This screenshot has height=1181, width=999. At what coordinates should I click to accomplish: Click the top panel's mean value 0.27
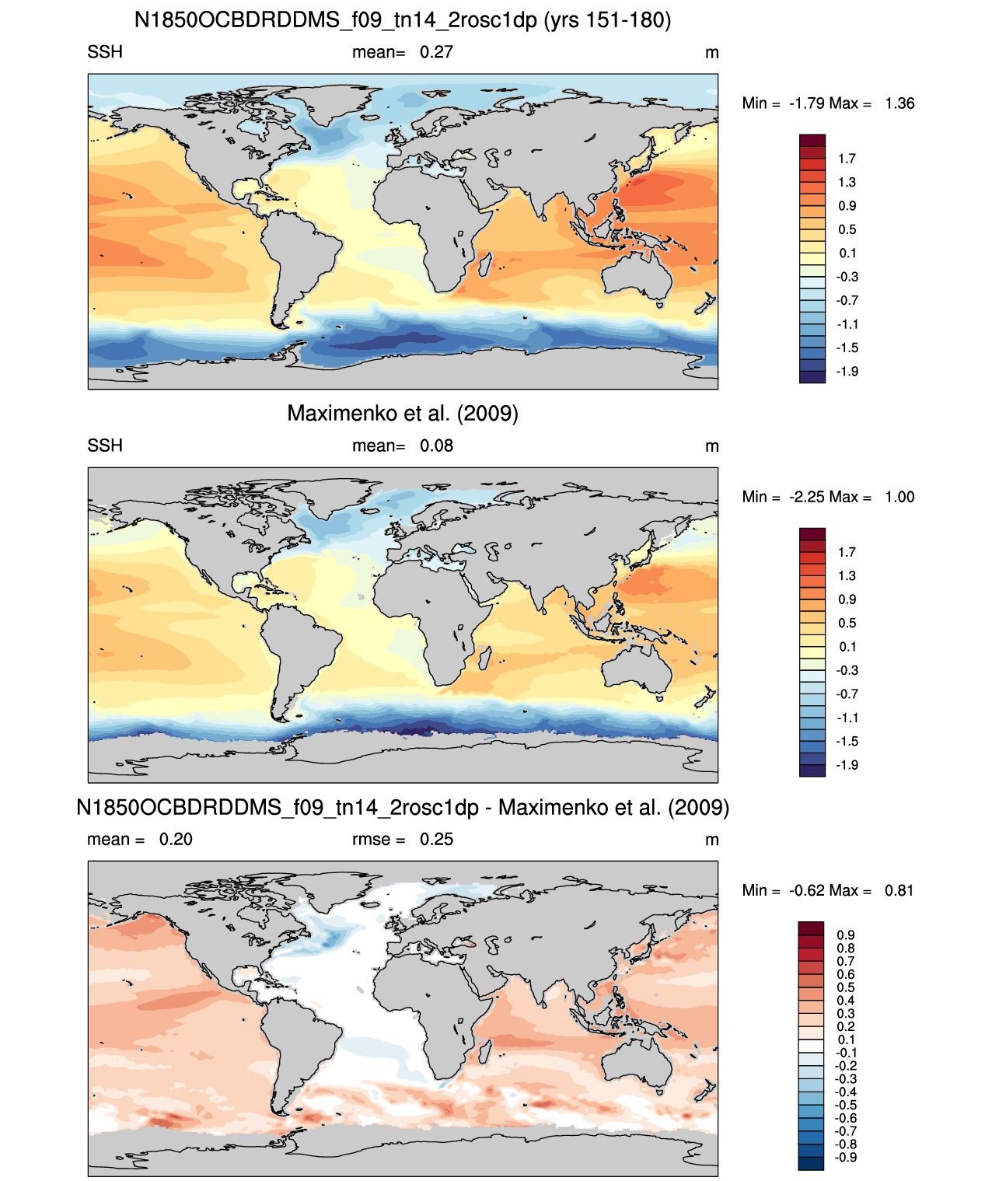[436, 52]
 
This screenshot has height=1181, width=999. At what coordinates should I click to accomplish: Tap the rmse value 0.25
[436, 839]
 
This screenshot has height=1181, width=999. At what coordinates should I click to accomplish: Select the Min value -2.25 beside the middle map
[806, 497]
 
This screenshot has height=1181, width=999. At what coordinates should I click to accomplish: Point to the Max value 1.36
[899, 103]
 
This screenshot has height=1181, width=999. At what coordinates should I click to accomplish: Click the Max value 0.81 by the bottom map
[899, 890]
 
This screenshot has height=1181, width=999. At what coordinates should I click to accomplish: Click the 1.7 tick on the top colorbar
[847, 159]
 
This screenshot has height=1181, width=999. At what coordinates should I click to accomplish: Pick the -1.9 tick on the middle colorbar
[847, 764]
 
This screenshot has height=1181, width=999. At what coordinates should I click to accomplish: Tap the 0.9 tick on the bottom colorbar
[845, 935]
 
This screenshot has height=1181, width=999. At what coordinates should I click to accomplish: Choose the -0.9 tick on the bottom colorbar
[845, 1158]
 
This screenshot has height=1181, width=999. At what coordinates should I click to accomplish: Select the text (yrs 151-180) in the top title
[607, 20]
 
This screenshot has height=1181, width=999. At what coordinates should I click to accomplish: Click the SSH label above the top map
[104, 52]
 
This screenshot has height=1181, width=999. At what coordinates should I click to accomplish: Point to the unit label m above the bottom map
[711, 840]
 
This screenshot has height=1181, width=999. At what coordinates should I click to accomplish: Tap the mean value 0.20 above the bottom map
[176, 839]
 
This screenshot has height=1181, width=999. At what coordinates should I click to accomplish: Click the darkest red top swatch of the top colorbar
[812, 141]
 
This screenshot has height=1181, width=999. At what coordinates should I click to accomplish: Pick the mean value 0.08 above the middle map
[436, 445]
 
